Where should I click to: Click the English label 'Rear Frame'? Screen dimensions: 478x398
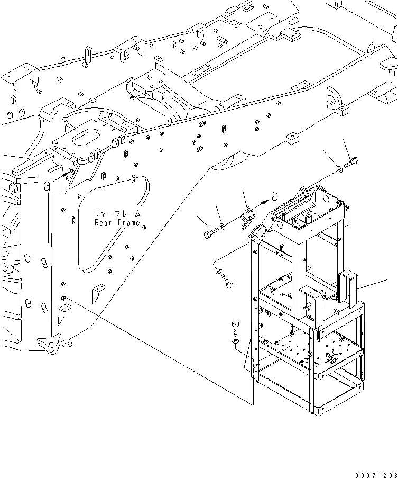point(117,223)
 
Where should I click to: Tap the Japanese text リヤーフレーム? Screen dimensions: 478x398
point(117,213)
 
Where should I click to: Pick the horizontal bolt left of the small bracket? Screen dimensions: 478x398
point(210,232)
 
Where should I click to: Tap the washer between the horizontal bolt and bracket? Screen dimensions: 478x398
point(224,227)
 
